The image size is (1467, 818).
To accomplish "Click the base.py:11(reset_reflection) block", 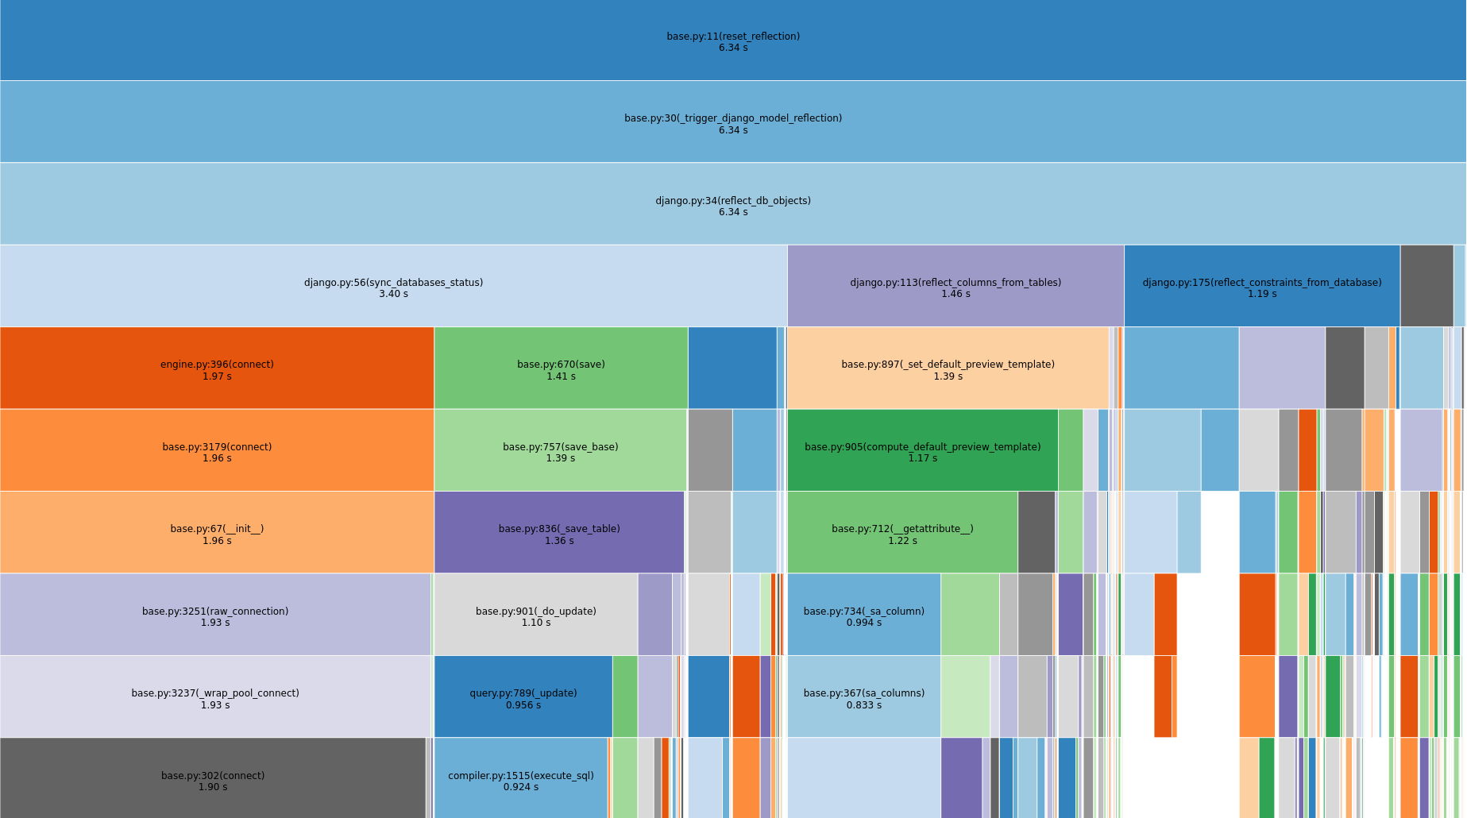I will click(733, 41).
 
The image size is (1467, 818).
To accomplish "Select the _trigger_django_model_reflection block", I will click(733, 122).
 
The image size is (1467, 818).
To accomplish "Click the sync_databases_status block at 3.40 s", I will click(393, 287).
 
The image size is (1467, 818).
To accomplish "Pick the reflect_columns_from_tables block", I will click(955, 287).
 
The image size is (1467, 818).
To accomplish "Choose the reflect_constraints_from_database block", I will click(1261, 287).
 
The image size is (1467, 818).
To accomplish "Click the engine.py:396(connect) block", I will click(217, 368).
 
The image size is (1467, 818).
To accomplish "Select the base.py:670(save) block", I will click(561, 368).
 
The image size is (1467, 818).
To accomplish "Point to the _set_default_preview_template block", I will click(948, 368).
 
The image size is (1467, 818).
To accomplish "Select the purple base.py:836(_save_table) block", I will click(559, 533).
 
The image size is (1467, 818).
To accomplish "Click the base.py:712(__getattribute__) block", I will click(902, 533).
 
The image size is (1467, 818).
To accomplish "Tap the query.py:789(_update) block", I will click(523, 697).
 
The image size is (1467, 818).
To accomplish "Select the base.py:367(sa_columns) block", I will click(863, 697).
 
